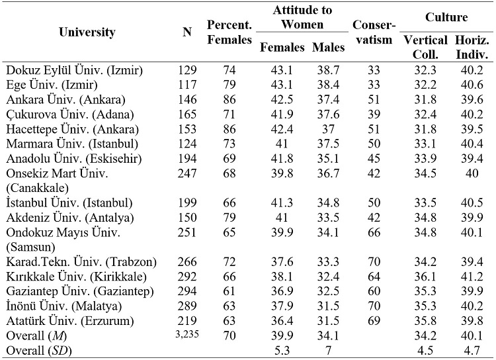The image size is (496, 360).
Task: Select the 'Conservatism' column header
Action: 374,32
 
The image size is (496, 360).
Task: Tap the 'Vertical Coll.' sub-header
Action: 425,47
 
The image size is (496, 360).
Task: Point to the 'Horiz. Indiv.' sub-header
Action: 472,47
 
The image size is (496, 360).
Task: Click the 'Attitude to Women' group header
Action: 303,17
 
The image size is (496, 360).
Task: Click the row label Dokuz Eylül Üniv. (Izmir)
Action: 74,69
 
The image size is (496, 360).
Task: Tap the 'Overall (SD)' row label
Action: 40,349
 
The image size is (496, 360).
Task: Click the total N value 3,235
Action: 187,334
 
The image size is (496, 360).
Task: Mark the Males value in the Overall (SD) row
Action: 328,349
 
